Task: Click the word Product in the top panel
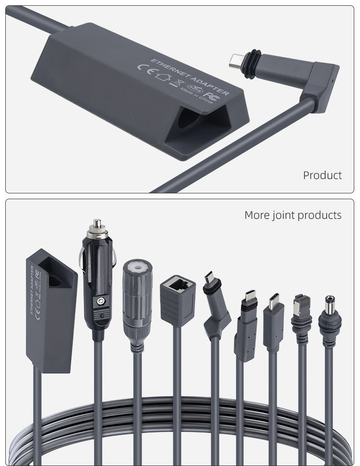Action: (322, 175)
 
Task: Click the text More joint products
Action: (293, 215)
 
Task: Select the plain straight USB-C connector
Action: (274, 319)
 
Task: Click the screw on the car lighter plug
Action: (100, 300)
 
